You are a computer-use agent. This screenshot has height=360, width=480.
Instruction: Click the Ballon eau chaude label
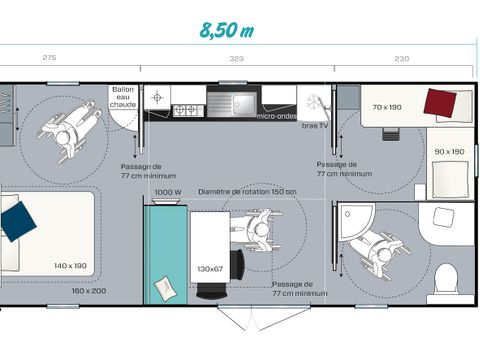pyautogui.click(x=123, y=97)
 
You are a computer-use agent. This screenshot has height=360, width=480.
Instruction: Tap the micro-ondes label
pyautogui.click(x=276, y=116)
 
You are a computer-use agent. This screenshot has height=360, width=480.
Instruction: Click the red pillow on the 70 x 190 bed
pyautogui.click(x=440, y=102)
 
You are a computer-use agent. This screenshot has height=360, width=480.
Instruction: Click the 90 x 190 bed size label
pyautogui.click(x=450, y=151)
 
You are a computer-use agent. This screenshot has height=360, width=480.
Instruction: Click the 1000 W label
pyautogui.click(x=168, y=191)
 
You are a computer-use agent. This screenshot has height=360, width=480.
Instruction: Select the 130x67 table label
pyautogui.click(x=210, y=269)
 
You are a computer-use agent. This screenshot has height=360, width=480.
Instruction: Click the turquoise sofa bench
pyautogui.click(x=164, y=254)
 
